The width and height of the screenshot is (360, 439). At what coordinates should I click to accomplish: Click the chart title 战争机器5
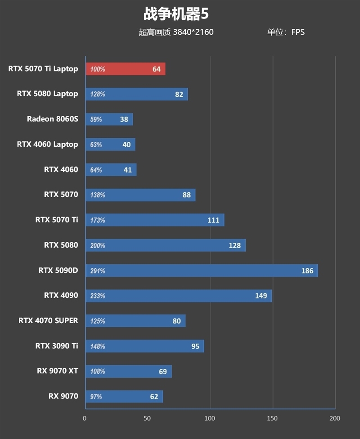(176, 14)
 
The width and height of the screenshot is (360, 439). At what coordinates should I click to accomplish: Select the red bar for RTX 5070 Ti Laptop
(125, 69)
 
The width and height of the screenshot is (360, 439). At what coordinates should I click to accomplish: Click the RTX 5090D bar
(201, 271)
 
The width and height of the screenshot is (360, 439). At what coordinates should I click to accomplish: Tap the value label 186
(307, 271)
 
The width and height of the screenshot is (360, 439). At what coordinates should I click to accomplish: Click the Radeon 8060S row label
(52, 119)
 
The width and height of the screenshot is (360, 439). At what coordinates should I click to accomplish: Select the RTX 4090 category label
(61, 296)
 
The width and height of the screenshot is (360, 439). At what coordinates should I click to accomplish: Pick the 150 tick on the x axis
(273, 418)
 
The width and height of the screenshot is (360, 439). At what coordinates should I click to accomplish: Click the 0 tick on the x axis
(85, 418)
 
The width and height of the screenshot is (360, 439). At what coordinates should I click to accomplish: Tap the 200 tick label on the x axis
(335, 418)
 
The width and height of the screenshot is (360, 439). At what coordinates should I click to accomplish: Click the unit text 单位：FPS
(286, 32)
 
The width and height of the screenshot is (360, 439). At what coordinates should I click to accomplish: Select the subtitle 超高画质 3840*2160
(176, 32)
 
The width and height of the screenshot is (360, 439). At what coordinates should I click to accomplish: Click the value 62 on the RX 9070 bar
(154, 397)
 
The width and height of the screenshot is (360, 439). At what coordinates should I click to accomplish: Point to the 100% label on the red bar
(97, 69)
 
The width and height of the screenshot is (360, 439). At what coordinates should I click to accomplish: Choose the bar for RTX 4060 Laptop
(110, 145)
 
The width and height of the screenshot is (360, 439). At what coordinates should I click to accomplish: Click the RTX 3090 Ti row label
(56, 346)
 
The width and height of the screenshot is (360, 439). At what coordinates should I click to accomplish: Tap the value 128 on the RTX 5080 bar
(234, 246)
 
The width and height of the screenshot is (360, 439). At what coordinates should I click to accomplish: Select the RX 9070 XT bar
(128, 371)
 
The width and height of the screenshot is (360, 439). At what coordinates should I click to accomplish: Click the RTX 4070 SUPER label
(48, 321)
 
